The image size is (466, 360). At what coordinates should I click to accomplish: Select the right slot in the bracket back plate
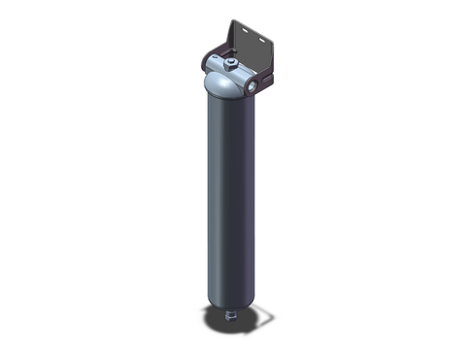coord(261,40)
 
